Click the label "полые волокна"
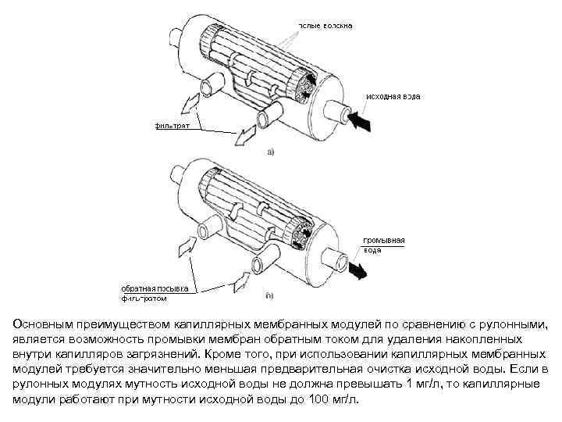(324, 25)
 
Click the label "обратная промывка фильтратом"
(154, 292)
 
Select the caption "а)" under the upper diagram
(270, 152)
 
